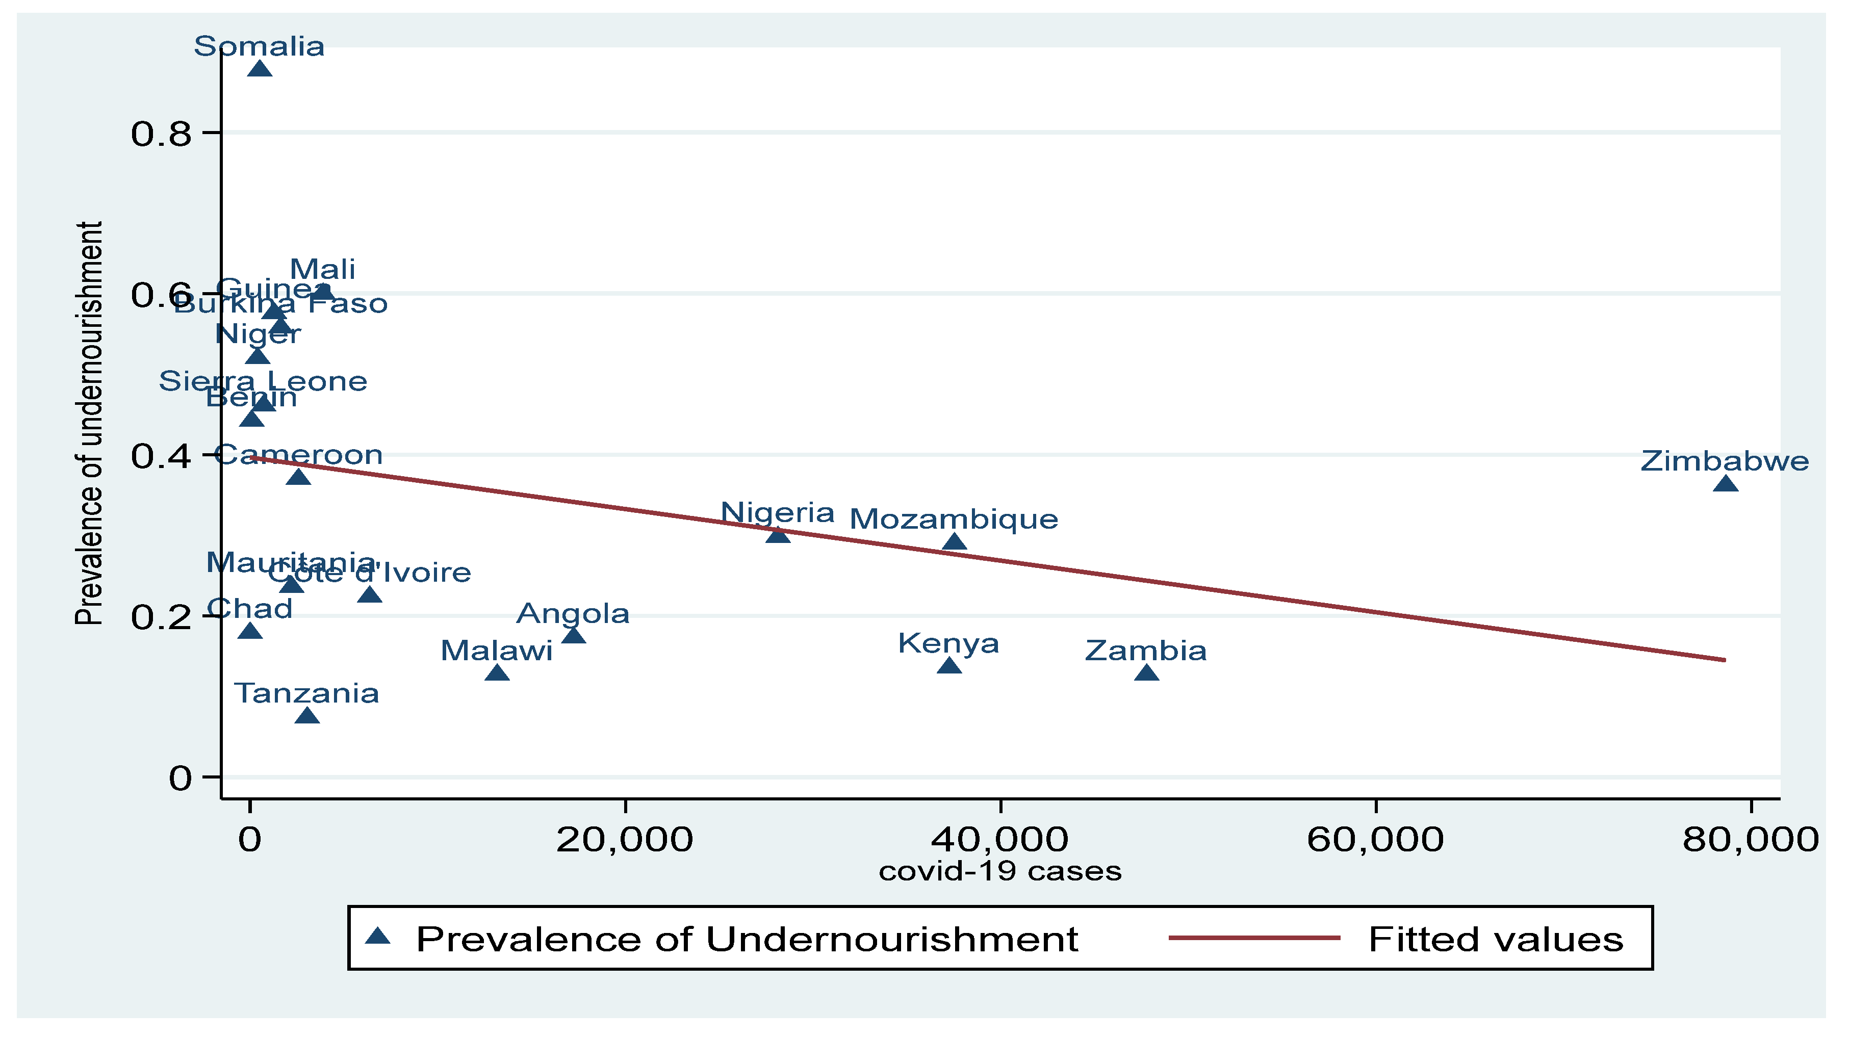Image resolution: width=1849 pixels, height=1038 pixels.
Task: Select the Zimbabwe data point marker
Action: coord(1726,484)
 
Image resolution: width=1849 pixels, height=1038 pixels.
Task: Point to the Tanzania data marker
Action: coord(306,716)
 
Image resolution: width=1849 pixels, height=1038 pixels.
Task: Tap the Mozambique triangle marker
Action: coord(954,542)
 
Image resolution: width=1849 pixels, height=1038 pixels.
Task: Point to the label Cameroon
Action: coord(299,455)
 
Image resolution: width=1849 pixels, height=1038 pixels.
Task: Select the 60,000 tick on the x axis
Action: coord(1375,840)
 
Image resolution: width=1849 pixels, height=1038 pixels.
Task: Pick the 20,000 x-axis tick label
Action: coord(625,840)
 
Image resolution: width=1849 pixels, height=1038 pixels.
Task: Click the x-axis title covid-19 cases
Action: coord(1000,871)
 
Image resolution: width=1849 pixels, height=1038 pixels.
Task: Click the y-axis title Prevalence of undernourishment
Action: coord(90,424)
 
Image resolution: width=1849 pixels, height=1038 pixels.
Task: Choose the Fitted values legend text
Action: coord(1496,940)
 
